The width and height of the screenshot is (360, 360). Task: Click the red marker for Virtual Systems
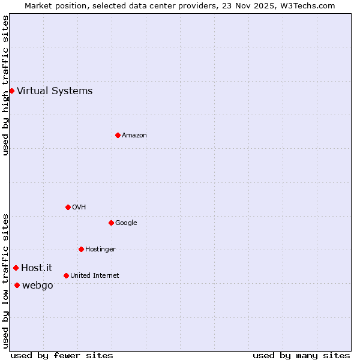[11, 91]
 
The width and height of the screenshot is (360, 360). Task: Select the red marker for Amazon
[118, 136]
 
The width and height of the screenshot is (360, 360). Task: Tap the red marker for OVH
[68, 208]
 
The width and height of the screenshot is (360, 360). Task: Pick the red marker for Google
[111, 223]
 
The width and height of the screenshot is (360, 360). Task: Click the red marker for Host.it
[16, 268]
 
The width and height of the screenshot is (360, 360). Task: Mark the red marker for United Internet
[66, 276]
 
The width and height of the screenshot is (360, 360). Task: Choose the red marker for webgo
[17, 286]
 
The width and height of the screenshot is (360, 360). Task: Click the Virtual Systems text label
[55, 91]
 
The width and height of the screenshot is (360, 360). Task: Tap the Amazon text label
[134, 136]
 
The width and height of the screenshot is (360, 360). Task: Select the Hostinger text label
[100, 250]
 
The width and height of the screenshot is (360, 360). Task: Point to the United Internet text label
[95, 276]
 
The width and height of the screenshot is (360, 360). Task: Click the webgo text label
[38, 286]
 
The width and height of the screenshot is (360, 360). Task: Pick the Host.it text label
[37, 268]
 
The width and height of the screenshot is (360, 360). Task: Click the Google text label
[126, 223]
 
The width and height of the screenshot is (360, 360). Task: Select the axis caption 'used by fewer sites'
[62, 356]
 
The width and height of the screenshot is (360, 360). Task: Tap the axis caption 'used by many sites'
[301, 356]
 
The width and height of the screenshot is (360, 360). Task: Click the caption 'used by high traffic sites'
[5, 85]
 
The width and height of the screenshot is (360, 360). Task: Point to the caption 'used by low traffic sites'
[5, 280]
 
